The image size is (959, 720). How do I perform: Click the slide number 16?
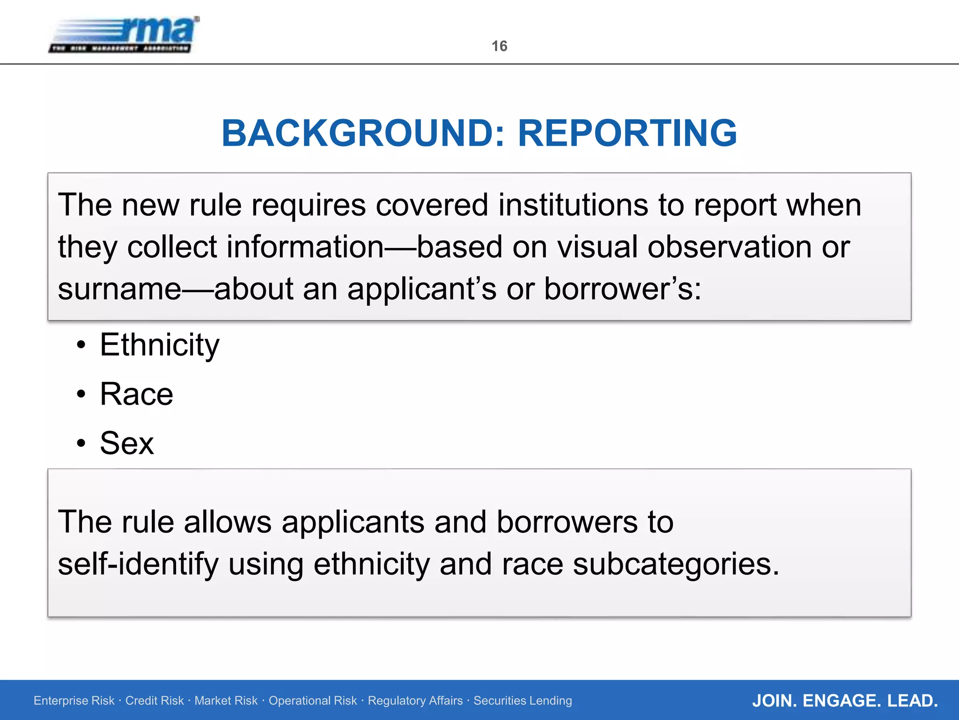tap(499, 46)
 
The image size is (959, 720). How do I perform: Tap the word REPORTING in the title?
tap(627, 133)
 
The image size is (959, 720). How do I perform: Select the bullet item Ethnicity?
tap(159, 345)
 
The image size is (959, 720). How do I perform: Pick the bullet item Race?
tap(136, 394)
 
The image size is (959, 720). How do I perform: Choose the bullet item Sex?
tap(126, 443)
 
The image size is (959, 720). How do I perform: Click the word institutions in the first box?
tap(573, 205)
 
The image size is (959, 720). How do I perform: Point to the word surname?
tap(119, 289)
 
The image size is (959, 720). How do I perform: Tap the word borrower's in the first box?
tap(622, 289)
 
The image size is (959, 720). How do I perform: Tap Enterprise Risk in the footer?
tap(74, 701)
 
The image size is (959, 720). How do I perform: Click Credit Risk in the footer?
tap(155, 701)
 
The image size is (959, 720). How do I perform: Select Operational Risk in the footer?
tap(312, 701)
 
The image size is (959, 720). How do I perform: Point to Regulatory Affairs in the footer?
tap(415, 701)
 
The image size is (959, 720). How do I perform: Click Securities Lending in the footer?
tap(523, 701)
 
